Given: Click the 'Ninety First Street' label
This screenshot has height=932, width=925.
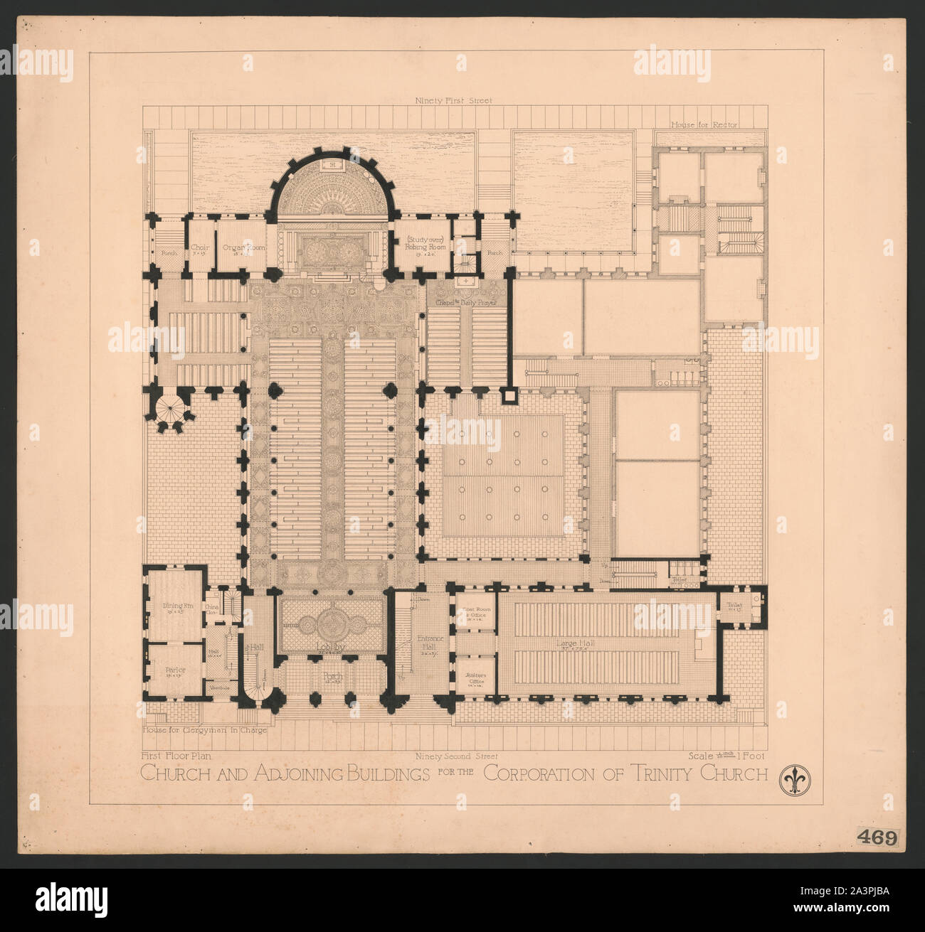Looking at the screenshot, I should click(x=453, y=101).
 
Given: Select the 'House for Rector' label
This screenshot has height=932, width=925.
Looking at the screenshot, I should click(x=704, y=124).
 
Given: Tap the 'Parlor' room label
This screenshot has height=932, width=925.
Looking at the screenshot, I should click(x=169, y=668).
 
